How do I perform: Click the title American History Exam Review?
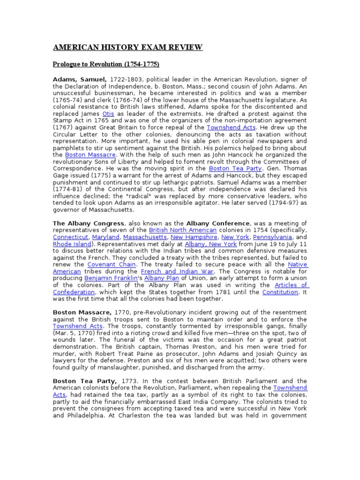pos(127,47)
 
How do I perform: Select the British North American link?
pos(183,230)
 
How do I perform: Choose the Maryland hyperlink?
pos(106,237)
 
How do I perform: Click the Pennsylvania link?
pos(273,237)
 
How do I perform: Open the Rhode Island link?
pos(69,244)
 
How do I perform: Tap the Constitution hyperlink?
pos(280,292)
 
